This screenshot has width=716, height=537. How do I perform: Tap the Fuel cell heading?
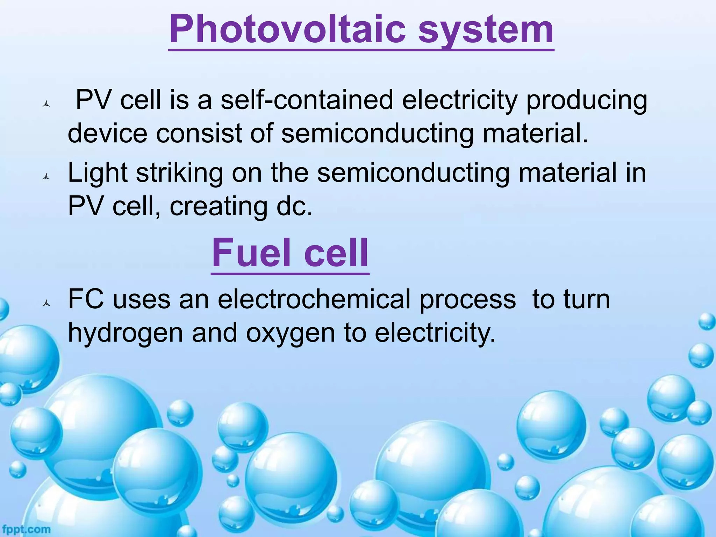click(x=290, y=252)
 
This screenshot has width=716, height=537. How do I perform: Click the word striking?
click(x=179, y=174)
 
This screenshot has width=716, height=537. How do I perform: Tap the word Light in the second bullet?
click(x=98, y=174)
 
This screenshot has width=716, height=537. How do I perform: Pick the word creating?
click(x=219, y=207)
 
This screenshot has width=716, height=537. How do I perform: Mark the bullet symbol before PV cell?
click(x=46, y=104)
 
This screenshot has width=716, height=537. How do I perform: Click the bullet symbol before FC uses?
click(x=46, y=303)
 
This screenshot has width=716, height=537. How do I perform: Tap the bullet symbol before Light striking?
click(x=46, y=178)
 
